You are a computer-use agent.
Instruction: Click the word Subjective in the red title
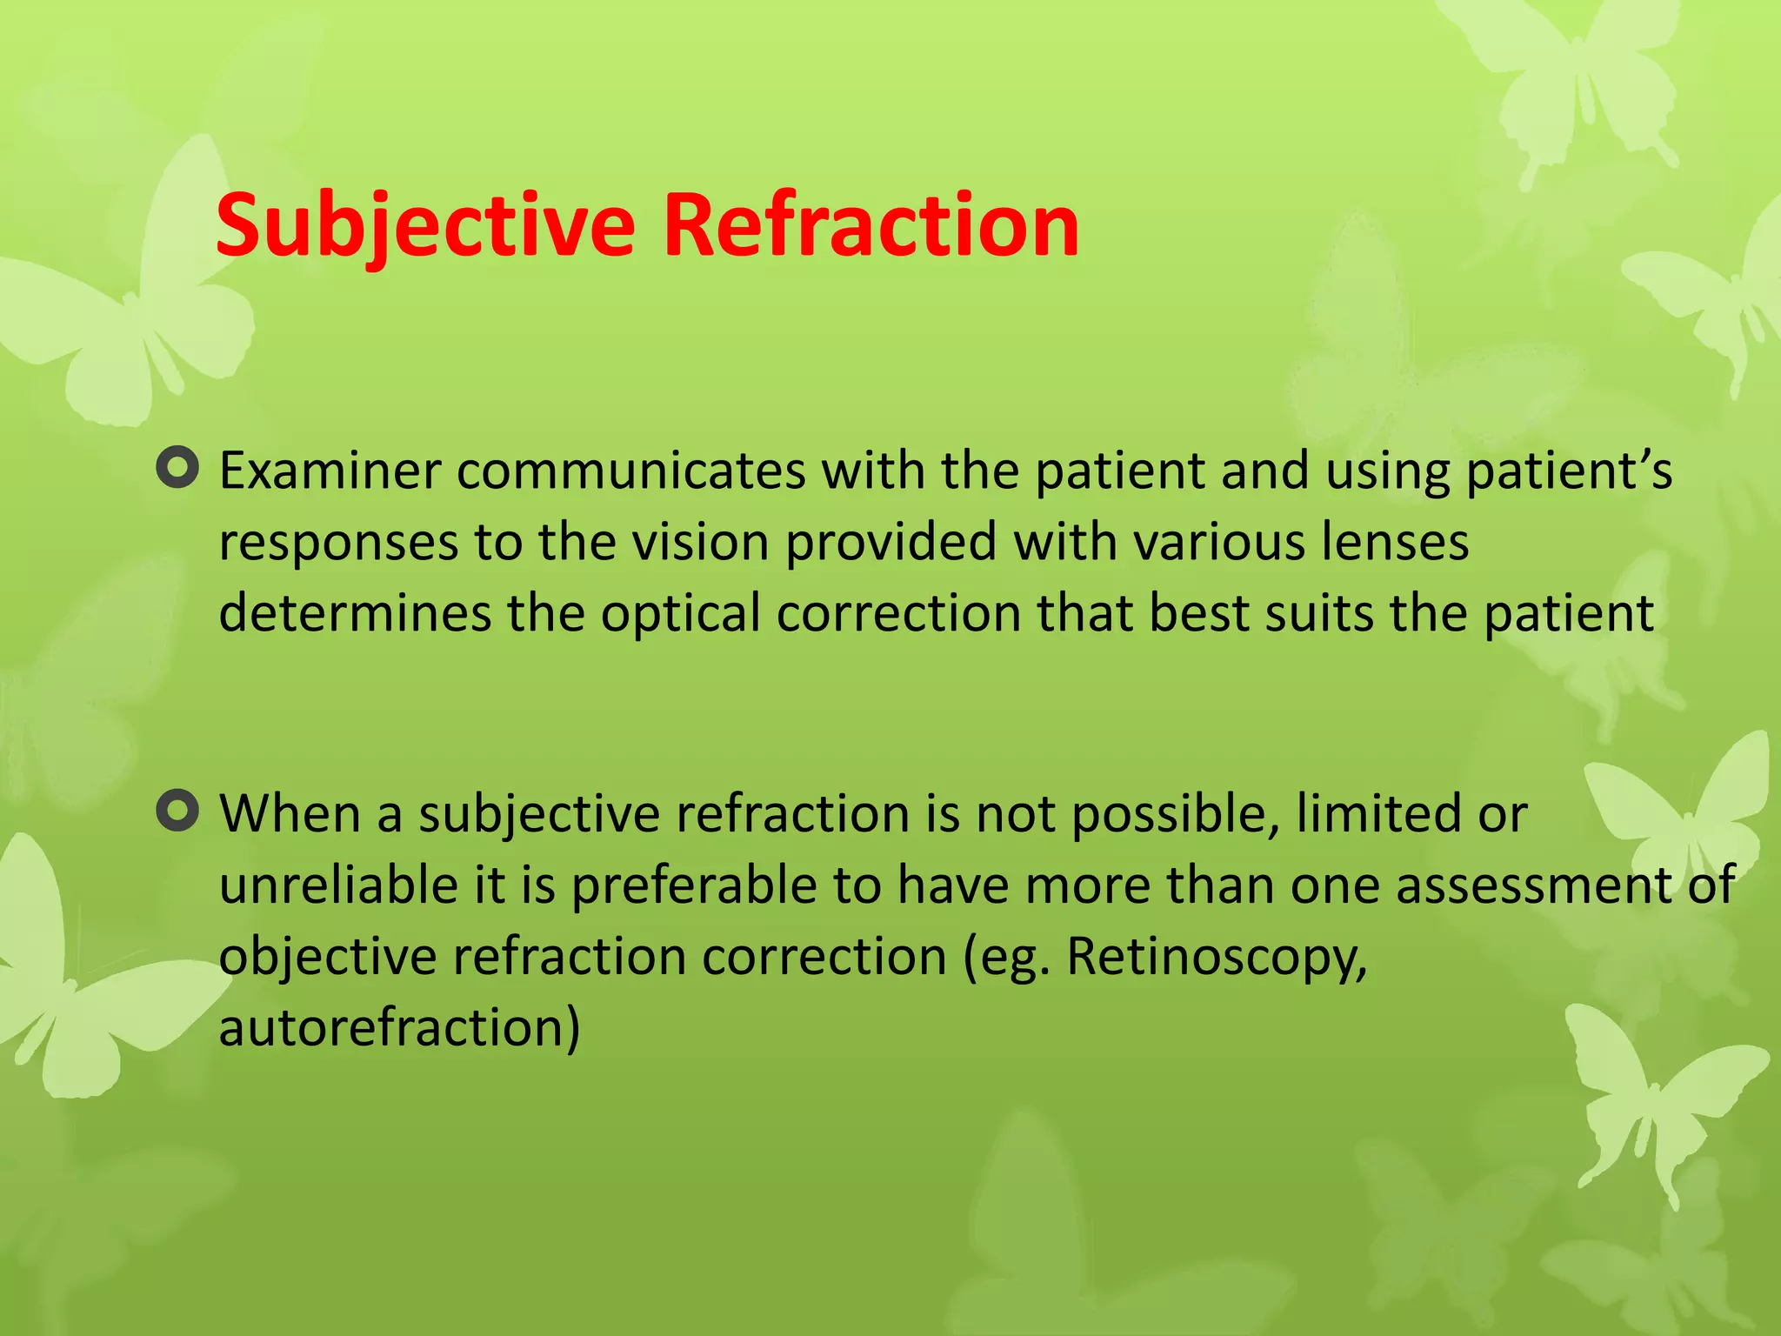tap(424, 226)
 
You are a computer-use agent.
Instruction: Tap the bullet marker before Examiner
tap(178, 469)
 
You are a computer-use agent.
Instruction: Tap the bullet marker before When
tap(178, 812)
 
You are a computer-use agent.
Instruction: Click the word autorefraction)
tap(399, 1028)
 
